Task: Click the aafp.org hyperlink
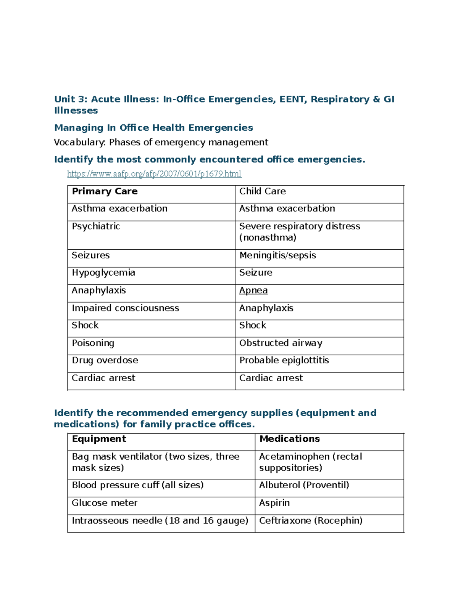tap(154, 174)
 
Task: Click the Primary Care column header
tap(105, 191)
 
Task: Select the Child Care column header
tap(262, 191)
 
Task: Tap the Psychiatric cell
tap(96, 226)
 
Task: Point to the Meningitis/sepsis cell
tap(277, 255)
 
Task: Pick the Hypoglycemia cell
tap(103, 273)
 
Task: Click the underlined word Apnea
tap(253, 290)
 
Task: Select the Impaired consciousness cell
tap(125, 308)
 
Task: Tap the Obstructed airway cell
tap(281, 343)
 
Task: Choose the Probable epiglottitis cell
tap(284, 361)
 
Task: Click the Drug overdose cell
tap(105, 361)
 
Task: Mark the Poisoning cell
tap(93, 343)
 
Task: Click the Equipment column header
tap(99, 439)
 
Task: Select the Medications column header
tap(289, 439)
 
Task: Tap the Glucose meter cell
tap(105, 503)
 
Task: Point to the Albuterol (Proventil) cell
tap(304, 485)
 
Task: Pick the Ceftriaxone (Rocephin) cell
tap(311, 521)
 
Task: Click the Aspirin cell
tap(274, 503)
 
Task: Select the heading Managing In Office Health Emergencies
tap(153, 128)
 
